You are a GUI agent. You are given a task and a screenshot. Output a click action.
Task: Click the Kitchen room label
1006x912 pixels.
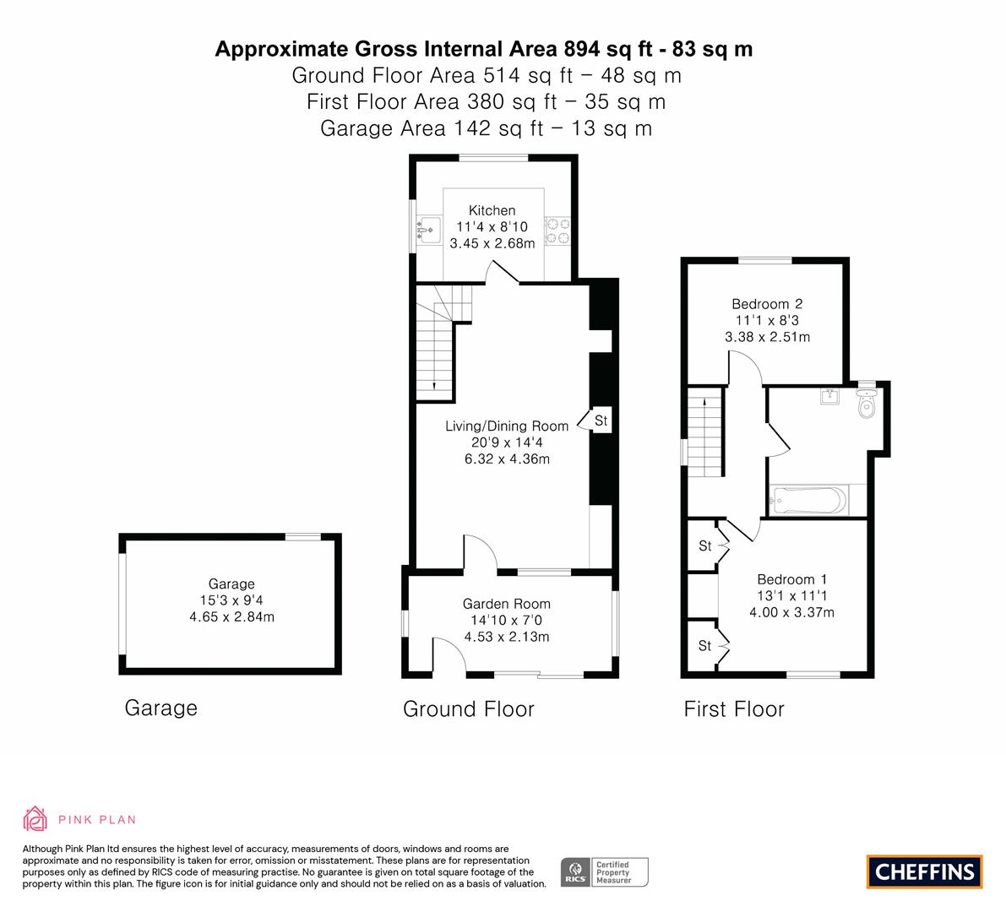(x=492, y=210)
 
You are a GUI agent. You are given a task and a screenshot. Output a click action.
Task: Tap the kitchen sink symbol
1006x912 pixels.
(x=428, y=227)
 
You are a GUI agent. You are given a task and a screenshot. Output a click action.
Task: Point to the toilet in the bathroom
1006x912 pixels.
(x=866, y=405)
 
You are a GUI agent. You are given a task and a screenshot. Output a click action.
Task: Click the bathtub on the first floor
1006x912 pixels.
(x=808, y=501)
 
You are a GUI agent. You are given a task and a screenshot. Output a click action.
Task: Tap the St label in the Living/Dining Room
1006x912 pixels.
(x=601, y=420)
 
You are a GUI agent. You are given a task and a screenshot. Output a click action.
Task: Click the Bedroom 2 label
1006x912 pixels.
(x=767, y=304)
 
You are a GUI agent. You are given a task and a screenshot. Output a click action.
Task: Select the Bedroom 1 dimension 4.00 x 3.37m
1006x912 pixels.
(x=791, y=612)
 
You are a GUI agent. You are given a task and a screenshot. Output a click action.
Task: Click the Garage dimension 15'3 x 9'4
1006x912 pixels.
(x=231, y=600)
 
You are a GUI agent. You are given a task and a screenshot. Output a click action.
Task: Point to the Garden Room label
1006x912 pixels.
(x=506, y=604)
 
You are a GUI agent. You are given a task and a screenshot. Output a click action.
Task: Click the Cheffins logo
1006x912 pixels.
(x=924, y=871)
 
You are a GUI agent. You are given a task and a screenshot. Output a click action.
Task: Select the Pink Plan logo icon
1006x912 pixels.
(x=35, y=818)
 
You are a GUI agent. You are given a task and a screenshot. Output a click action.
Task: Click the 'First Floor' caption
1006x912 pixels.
(x=734, y=709)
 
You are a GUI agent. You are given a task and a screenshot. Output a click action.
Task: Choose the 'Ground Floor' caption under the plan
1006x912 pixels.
(x=468, y=709)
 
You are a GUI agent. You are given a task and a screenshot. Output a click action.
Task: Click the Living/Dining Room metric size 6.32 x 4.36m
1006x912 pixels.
(x=507, y=459)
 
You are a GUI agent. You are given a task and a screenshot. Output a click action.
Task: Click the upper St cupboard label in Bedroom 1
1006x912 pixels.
(x=705, y=546)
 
